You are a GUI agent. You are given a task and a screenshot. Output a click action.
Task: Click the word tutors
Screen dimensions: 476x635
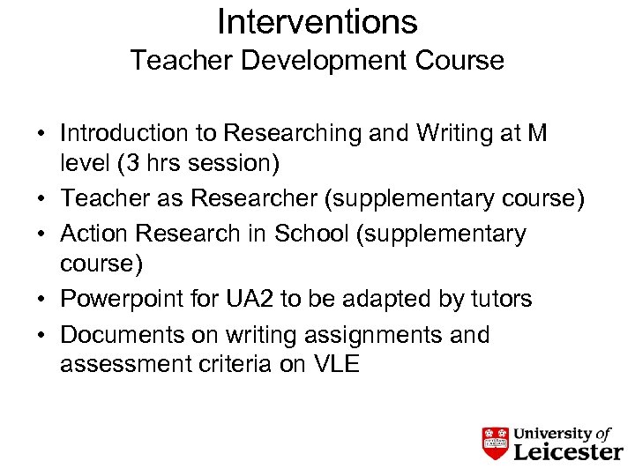498,301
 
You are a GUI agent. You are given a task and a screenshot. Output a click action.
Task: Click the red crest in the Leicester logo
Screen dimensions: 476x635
497,443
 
